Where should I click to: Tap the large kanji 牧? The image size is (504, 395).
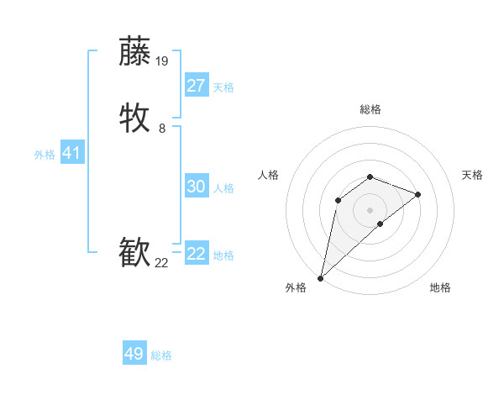pyautogui.click(x=135, y=118)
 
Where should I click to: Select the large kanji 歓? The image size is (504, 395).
pyautogui.click(x=135, y=253)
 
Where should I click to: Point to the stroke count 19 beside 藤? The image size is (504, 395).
pyautogui.click(x=162, y=61)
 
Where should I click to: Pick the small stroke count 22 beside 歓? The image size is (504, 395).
pyautogui.click(x=161, y=263)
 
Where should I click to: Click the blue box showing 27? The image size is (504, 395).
pyautogui.click(x=197, y=86)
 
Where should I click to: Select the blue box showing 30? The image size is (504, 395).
pyautogui.click(x=197, y=187)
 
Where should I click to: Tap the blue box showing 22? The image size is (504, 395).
pyautogui.click(x=197, y=254)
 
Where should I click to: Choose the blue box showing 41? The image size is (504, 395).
pyautogui.click(x=71, y=153)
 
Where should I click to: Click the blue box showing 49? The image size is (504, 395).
pyautogui.click(x=134, y=354)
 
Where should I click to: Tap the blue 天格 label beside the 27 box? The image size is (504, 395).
pyautogui.click(x=223, y=87)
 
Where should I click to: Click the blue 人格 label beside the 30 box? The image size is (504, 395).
pyautogui.click(x=223, y=188)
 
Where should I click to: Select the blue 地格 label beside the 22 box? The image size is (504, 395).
pyautogui.click(x=223, y=255)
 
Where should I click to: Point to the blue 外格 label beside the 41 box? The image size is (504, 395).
pyautogui.click(x=45, y=155)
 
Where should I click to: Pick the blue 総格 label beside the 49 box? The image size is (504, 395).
pyautogui.click(x=161, y=355)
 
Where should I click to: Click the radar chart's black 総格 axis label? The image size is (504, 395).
pyautogui.click(x=370, y=109)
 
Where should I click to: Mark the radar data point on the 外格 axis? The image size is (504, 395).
pyautogui.click(x=320, y=278)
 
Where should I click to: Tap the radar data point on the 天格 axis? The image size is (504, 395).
pyautogui.click(x=418, y=194)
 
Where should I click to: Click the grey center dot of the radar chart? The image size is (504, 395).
pyautogui.click(x=370, y=209)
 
